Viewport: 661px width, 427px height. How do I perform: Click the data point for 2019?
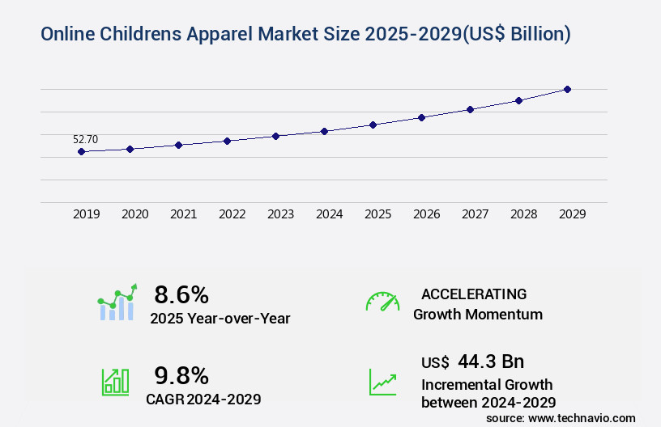coord(81,151)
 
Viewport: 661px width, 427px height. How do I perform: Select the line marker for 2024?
coord(324,131)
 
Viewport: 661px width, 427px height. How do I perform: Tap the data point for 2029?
coord(567,89)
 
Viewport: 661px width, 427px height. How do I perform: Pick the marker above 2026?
coord(421,117)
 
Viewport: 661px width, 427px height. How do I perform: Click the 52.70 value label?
coord(85,139)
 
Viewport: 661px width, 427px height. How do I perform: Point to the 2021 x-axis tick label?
coord(183,214)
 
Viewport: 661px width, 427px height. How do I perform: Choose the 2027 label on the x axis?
coord(475,214)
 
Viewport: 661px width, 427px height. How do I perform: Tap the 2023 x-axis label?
coord(280,214)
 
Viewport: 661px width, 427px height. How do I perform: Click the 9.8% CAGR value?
coord(181,375)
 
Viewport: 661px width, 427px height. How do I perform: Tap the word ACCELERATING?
coord(474,294)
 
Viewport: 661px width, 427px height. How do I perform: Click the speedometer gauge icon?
coord(382,302)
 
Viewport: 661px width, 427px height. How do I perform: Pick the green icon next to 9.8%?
coord(115,382)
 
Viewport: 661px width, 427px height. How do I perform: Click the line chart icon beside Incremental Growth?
coord(382,382)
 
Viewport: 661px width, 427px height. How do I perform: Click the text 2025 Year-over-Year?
coord(220,319)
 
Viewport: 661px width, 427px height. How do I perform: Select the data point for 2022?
coord(227,141)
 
